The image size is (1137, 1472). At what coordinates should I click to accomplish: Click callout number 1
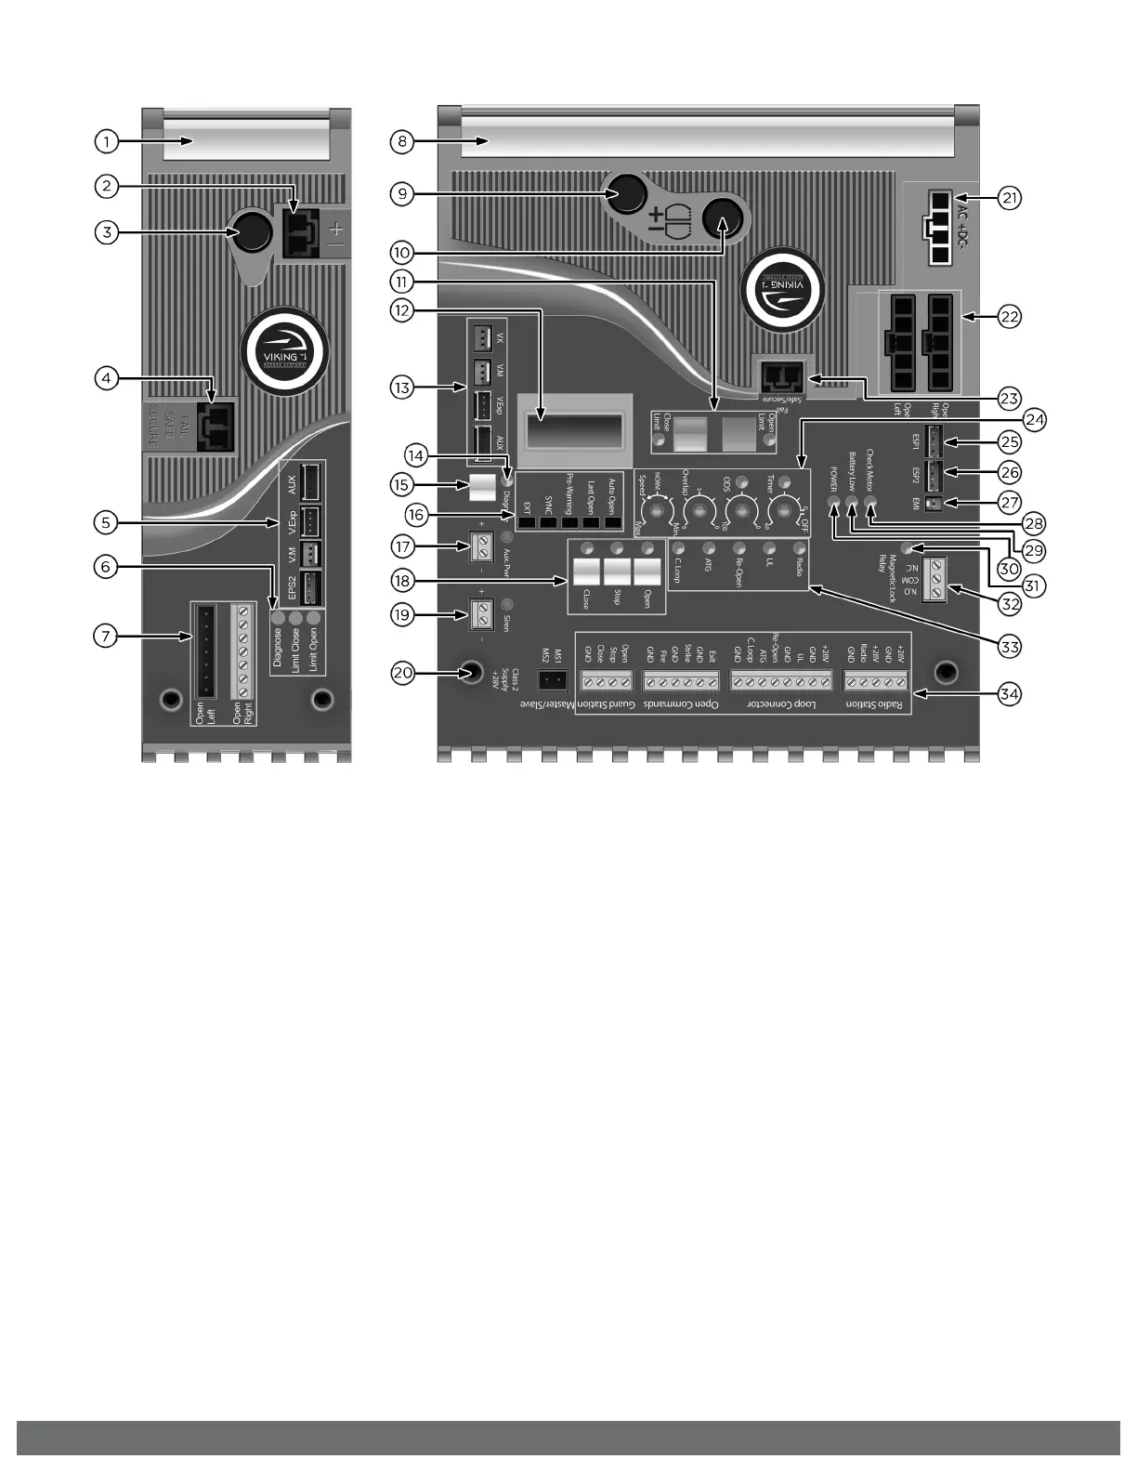tap(107, 142)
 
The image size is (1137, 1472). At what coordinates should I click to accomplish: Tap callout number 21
tap(1010, 198)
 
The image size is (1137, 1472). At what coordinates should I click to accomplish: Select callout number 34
tap(1010, 693)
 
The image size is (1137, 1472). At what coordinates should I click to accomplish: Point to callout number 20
tap(402, 674)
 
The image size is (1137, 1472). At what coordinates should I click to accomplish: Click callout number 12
tap(402, 310)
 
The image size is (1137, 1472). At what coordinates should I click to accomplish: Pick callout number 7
tap(107, 637)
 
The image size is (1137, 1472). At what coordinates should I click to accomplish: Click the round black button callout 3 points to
tap(250, 233)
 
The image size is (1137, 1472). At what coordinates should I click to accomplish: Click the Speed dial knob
tap(658, 510)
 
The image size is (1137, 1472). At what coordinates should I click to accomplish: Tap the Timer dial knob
tap(786, 510)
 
